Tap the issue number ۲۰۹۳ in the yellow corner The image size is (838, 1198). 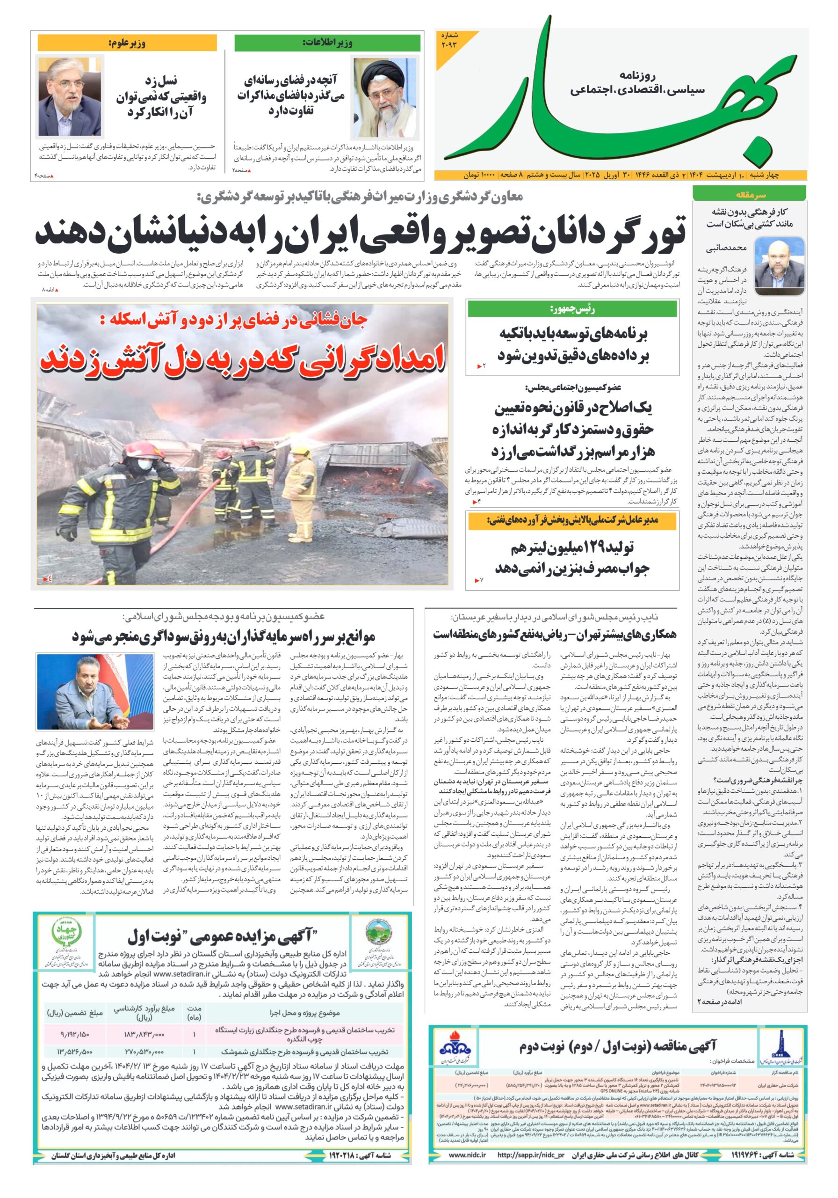[x=448, y=40]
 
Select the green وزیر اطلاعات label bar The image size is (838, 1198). [x=327, y=44]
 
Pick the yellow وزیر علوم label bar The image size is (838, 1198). [x=127, y=44]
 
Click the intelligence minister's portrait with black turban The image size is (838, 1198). [x=385, y=98]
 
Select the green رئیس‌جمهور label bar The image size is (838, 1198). [x=572, y=309]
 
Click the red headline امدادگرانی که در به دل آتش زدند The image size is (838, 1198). [x=243, y=358]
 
